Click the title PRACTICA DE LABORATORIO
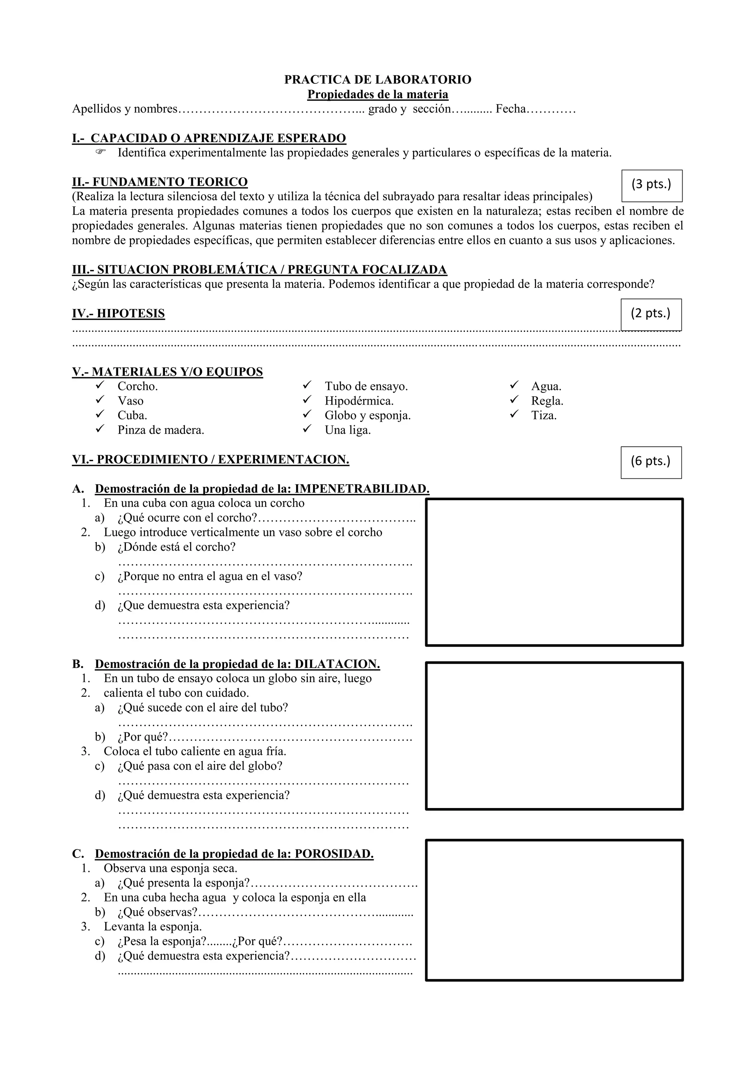tap(378, 80)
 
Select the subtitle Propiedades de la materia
tap(378, 94)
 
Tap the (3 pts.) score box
tap(652, 185)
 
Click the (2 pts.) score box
tap(651, 314)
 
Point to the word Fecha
tap(510, 109)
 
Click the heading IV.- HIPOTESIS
tap(118, 313)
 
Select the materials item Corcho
tap(137, 386)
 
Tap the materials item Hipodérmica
tap(359, 401)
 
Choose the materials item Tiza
tap(544, 415)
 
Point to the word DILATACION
tap(337, 664)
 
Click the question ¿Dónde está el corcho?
tap(176, 547)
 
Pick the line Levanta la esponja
tap(153, 927)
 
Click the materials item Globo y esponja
tap(367, 415)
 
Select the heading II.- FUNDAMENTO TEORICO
tap(160, 182)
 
